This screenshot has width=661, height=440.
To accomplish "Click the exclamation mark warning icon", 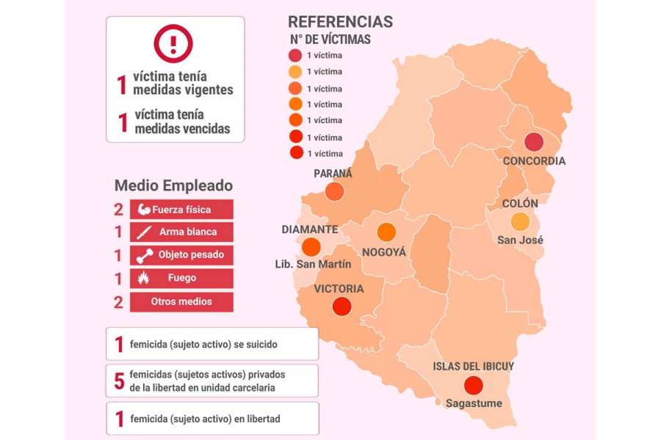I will click(173, 43).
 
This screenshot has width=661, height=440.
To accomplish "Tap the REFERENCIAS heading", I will click(340, 22).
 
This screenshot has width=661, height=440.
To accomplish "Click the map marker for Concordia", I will click(534, 143).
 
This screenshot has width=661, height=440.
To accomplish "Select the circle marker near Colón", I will click(520, 221).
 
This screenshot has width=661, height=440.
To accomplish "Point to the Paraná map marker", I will click(334, 191).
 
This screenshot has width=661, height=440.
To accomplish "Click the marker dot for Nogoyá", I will click(386, 232).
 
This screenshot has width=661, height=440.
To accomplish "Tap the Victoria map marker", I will click(341, 307).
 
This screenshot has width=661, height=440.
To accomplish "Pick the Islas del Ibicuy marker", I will click(474, 384).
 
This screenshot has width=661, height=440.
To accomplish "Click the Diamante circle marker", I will click(311, 246).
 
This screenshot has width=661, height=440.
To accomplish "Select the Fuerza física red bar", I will click(181, 210).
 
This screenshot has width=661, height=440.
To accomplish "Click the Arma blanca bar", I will click(181, 232).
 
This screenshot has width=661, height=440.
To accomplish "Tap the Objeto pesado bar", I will click(181, 255).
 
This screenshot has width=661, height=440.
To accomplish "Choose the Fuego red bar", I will click(181, 279).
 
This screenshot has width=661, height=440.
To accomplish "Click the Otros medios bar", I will click(181, 301).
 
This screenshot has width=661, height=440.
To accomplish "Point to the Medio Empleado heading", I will click(173, 186).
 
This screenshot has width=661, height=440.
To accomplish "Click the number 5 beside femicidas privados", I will click(119, 381).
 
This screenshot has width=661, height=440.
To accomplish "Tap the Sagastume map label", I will click(474, 403).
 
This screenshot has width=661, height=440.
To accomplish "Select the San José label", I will click(520, 240).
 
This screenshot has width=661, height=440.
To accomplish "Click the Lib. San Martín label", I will click(313, 264).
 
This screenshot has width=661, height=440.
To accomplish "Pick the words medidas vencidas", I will click(182, 129).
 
